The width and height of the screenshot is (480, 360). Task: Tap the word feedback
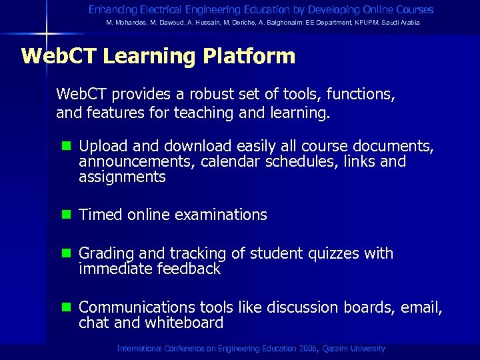189,269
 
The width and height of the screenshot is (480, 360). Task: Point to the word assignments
122,177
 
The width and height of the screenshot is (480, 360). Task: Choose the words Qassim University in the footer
354,349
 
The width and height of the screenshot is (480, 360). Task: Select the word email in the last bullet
423,307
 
